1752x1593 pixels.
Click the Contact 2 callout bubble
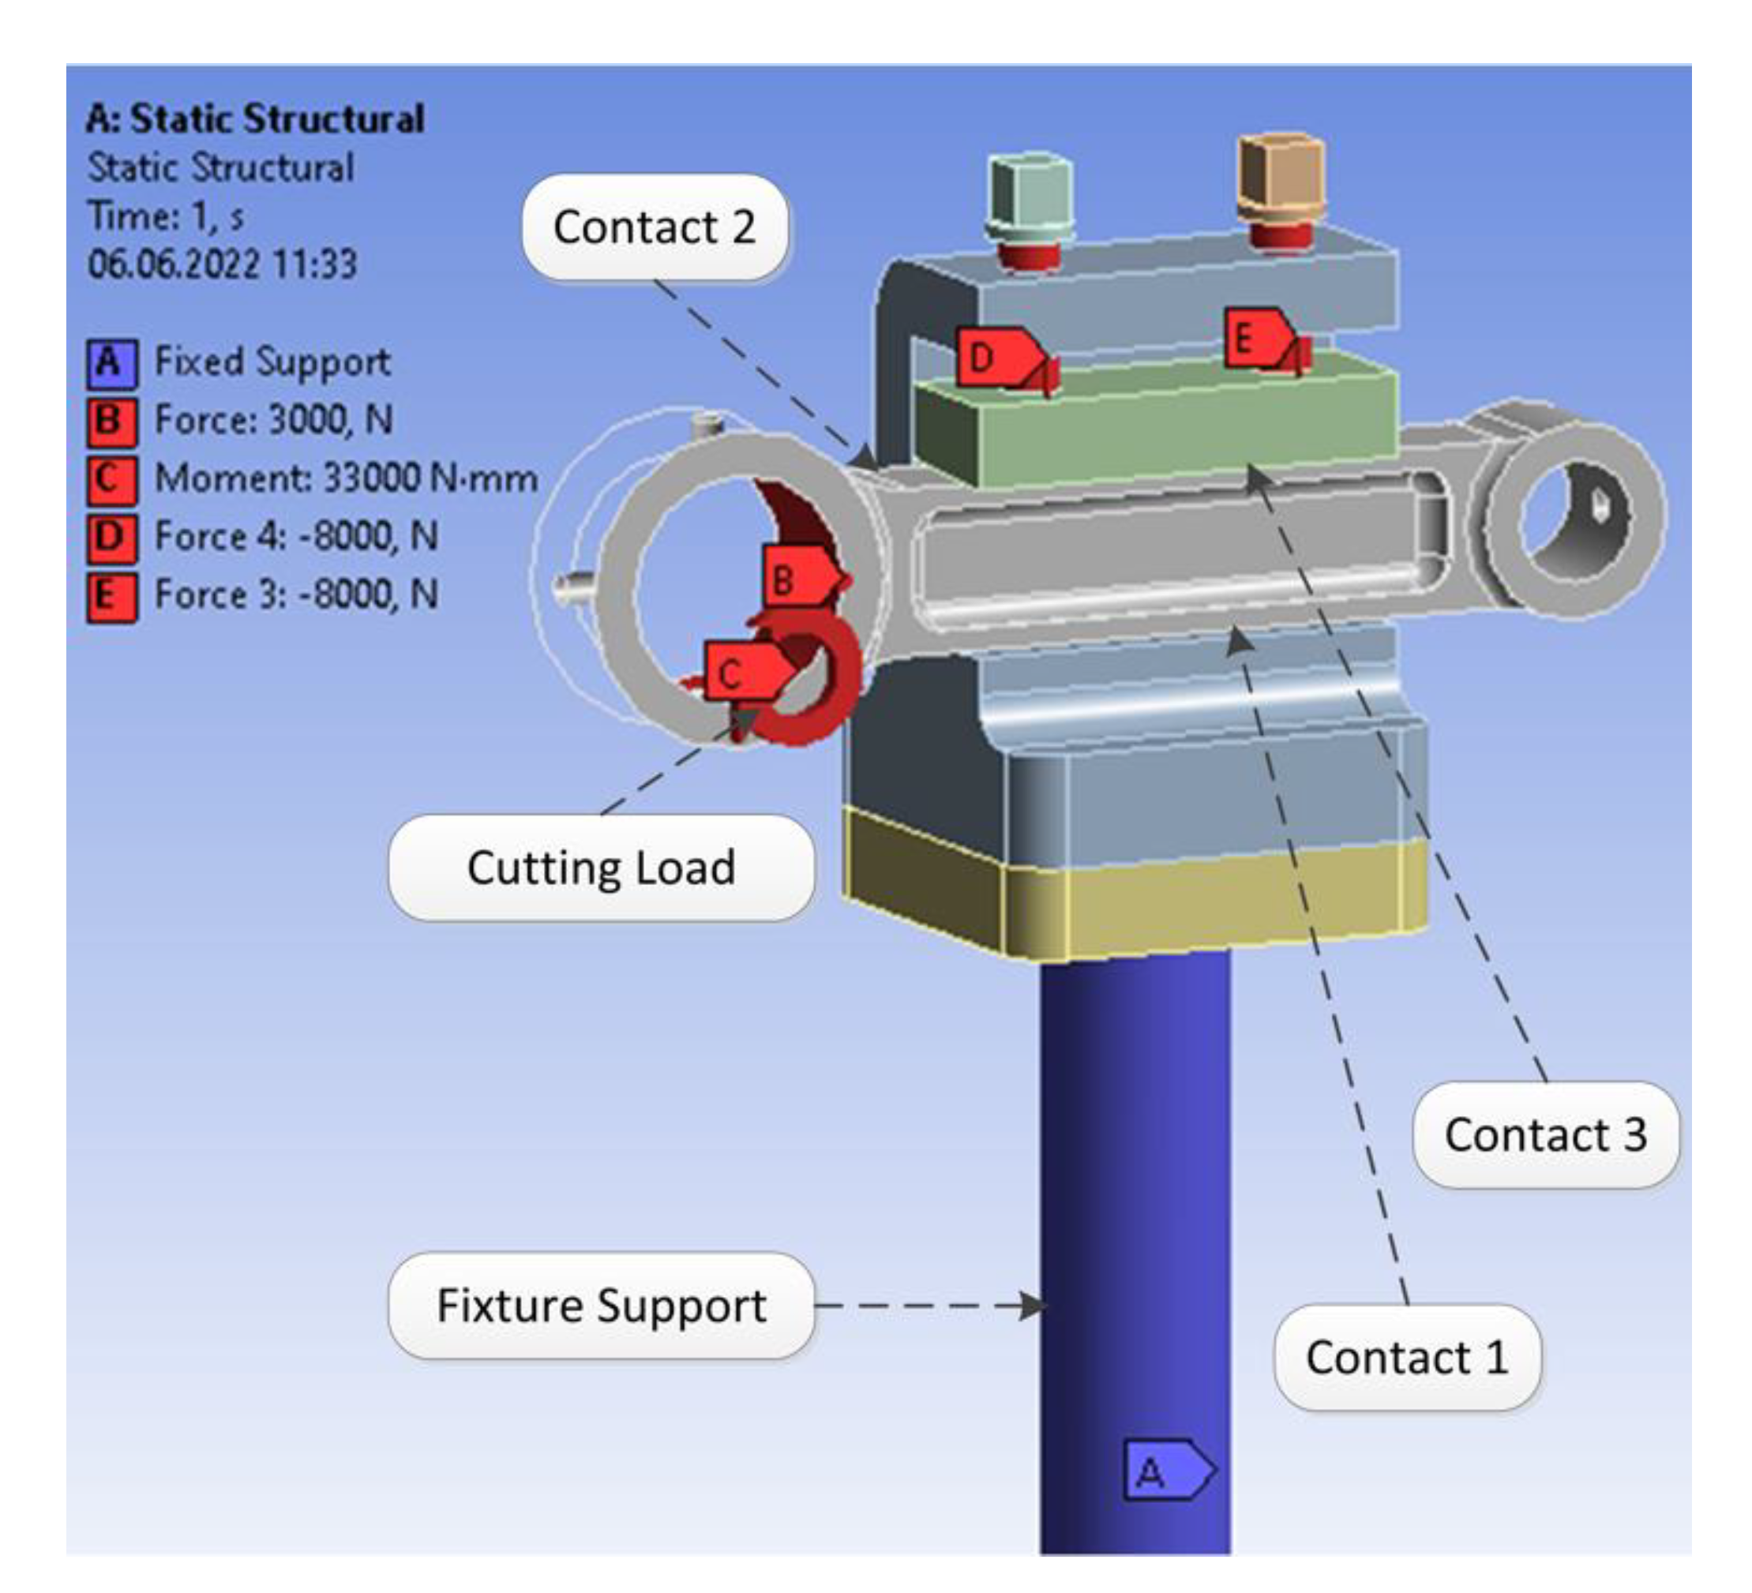tap(655, 227)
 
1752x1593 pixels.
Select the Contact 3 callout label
tap(1545, 1135)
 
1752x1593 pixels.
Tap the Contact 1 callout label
tap(1406, 1358)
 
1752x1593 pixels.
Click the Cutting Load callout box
tap(602, 868)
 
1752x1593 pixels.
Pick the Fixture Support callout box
tap(602, 1306)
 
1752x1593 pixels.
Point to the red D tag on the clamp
tap(992, 356)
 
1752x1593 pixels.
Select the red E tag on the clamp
tap(1255, 337)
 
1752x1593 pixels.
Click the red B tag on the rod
tap(795, 577)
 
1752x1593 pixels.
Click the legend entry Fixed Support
tap(272, 362)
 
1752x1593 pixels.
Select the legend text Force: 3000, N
tap(274, 420)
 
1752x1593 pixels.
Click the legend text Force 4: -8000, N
tap(295, 536)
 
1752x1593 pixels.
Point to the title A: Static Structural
tap(255, 119)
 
